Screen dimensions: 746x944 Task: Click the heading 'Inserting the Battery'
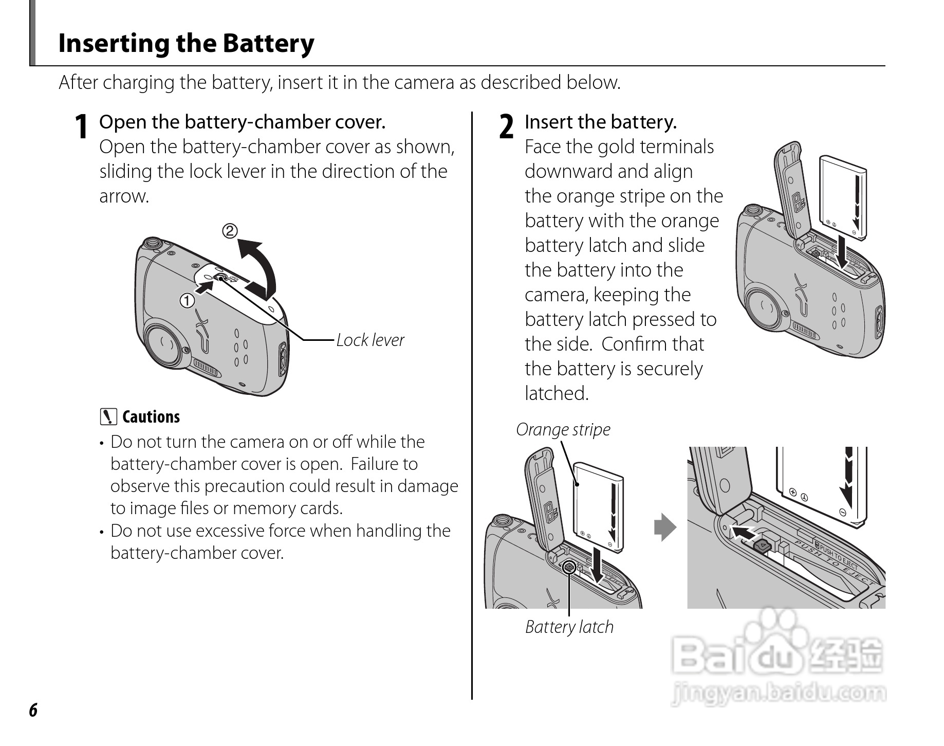pos(186,43)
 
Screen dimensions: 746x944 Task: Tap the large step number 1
pos(80,127)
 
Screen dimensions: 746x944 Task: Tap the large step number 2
pos(506,127)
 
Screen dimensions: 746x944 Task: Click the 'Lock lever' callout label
pos(370,340)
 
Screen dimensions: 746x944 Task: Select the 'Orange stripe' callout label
pos(563,429)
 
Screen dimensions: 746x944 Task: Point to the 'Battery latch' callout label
pos(569,627)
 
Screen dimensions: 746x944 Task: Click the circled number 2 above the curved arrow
pos(230,231)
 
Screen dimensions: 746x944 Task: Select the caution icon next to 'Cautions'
pos(108,416)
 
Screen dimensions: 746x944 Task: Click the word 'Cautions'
pos(151,417)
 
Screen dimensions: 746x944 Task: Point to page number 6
pos(33,710)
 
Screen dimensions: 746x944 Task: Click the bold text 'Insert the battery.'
pos(600,122)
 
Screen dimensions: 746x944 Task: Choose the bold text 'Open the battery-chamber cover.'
pos(242,122)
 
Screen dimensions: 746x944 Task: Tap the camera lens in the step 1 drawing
pos(163,342)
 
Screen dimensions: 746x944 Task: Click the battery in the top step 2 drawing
pos(841,198)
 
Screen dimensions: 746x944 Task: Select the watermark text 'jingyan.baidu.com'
pos(778,693)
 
